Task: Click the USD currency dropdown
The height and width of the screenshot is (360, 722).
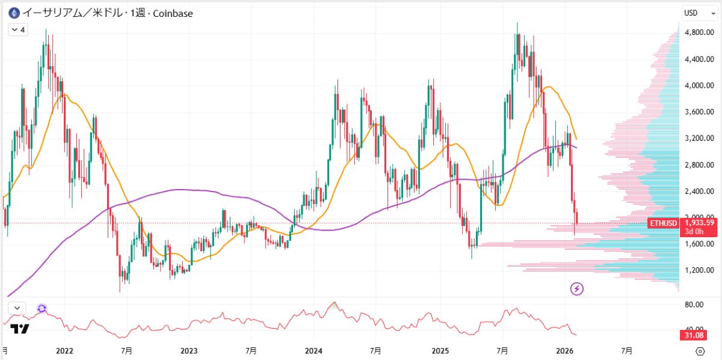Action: coord(698,13)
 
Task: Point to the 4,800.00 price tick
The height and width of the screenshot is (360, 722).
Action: coord(699,33)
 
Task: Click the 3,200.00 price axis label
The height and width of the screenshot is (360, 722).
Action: coord(699,138)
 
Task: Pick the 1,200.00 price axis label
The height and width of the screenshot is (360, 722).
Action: coord(699,270)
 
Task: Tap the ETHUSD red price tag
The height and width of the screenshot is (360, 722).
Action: coord(664,223)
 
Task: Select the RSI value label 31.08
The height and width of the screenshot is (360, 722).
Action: coord(699,335)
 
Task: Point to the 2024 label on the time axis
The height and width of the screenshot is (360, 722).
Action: coord(313,350)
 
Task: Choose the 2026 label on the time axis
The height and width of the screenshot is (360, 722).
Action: coord(564,350)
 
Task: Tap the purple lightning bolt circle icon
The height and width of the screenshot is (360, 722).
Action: coord(577,289)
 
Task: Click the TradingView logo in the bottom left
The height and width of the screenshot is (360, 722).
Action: coord(20,329)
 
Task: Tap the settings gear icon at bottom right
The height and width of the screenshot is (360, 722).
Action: coord(700,351)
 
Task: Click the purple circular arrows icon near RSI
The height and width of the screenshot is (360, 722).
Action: coord(42,308)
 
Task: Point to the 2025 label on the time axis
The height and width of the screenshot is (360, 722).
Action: coord(440,350)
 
